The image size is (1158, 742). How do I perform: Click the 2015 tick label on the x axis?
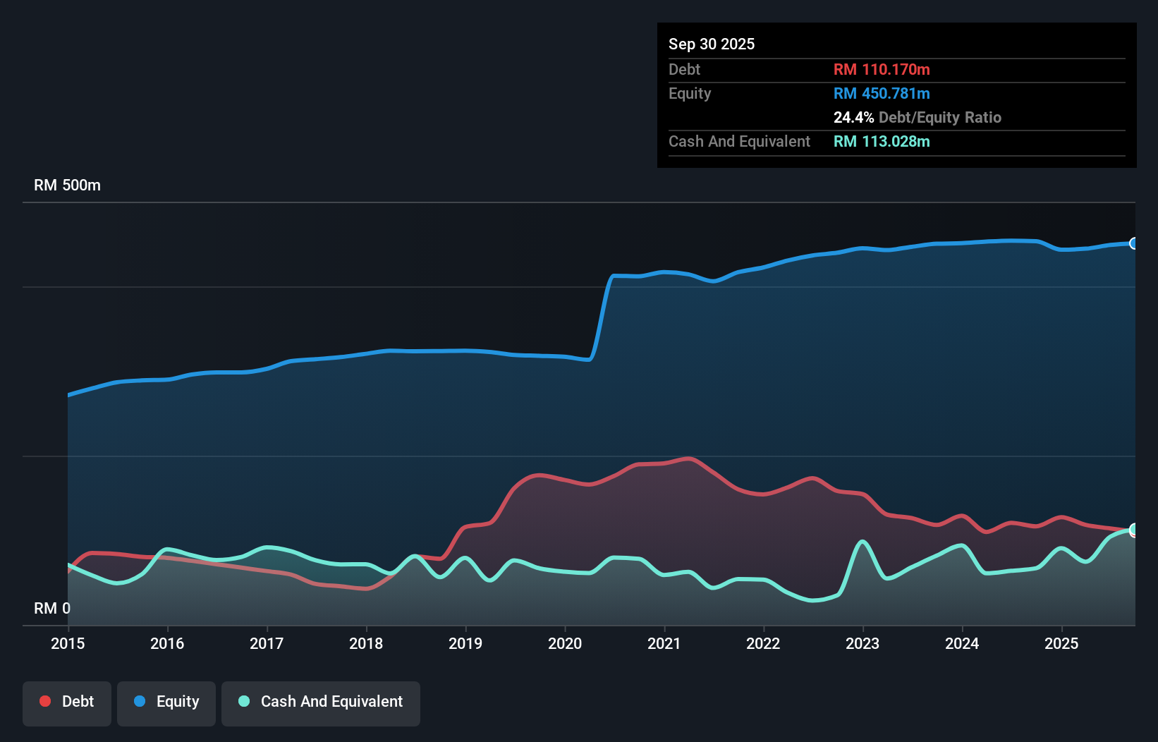[x=68, y=643]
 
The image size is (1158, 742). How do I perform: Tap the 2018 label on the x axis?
[x=366, y=643]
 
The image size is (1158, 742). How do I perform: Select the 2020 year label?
[x=565, y=643]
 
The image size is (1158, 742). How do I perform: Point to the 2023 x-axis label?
[x=863, y=643]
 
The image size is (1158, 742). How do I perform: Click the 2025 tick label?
[x=1061, y=643]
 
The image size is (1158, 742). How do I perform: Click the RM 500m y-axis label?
[x=67, y=185]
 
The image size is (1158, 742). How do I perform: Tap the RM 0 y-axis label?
[x=52, y=608]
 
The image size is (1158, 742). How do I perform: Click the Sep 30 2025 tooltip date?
[x=712, y=44]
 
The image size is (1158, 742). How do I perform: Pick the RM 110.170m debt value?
[x=882, y=69]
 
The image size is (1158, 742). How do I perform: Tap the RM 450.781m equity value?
[x=882, y=93]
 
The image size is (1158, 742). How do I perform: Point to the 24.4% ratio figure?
[x=853, y=117]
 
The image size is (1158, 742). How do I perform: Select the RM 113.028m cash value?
[x=882, y=141]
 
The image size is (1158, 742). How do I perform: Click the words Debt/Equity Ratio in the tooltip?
[x=940, y=117]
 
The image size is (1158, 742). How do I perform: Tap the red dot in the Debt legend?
[x=45, y=701]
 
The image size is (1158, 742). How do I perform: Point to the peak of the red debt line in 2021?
[x=689, y=458]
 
